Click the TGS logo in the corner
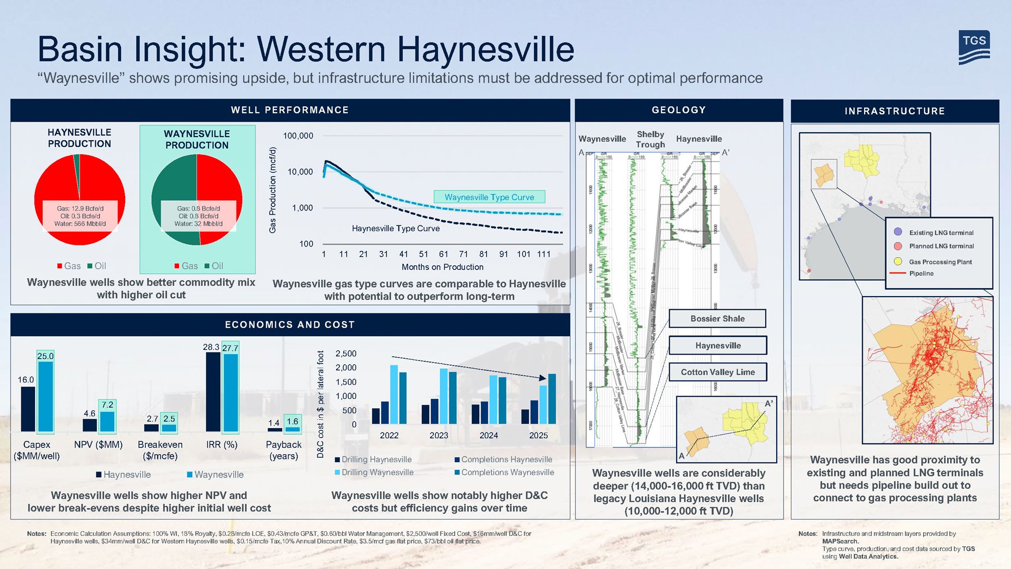[x=974, y=47]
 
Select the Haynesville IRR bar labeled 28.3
[x=213, y=392]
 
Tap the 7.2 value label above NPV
[x=107, y=405]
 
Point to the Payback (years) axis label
[x=283, y=450]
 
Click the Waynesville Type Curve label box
[x=489, y=197]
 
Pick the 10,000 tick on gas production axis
[x=300, y=172]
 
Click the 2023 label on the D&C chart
[x=439, y=435]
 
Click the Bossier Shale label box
[x=717, y=319]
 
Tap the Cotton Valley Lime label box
[x=717, y=372]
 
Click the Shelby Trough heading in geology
[x=650, y=139]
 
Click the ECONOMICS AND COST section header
[x=290, y=325]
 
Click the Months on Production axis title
[x=442, y=267]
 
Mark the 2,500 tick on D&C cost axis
[x=345, y=354]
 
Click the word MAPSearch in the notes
[x=840, y=541]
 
